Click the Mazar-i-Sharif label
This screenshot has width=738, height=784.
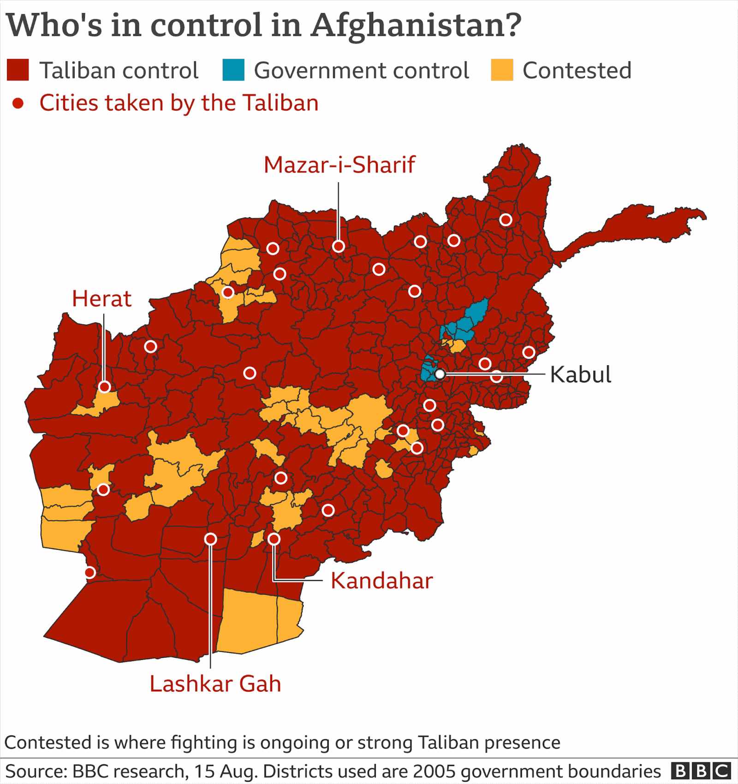tap(339, 165)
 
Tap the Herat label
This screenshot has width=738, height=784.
tap(101, 299)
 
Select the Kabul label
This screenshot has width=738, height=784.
tap(580, 374)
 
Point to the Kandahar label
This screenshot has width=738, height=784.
tap(381, 581)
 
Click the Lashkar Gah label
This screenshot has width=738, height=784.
tap(215, 683)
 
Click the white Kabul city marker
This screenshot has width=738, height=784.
tap(440, 374)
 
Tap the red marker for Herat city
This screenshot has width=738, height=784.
tap(105, 386)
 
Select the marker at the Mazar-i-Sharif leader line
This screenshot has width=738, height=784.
tap(339, 246)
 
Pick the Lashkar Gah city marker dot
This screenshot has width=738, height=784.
tap(210, 539)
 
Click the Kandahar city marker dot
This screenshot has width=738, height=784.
tap(274, 539)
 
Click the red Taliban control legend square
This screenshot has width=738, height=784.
tap(18, 70)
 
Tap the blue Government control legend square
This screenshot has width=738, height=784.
tap(233, 70)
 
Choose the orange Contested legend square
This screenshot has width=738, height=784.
tap(502, 70)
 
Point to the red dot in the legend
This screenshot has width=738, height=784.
tap(18, 103)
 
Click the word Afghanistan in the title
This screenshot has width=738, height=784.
tap(416, 25)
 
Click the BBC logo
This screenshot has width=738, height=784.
tap(701, 771)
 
